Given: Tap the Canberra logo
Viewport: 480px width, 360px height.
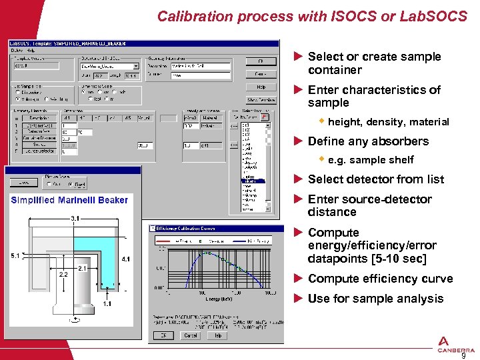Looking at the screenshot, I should tap(456, 344).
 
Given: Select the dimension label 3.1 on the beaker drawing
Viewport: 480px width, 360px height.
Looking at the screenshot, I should tap(76, 218).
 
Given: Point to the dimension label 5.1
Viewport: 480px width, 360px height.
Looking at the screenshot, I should tap(15, 255).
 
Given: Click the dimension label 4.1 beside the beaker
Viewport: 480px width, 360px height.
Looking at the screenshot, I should tap(125, 259).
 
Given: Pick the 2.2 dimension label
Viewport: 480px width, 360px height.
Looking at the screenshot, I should tap(63, 274).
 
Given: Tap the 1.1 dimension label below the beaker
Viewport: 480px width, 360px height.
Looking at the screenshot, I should tap(107, 303).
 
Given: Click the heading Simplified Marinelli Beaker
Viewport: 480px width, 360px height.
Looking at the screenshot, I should tap(69, 200).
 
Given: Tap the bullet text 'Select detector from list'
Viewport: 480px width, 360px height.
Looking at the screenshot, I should tap(375, 179).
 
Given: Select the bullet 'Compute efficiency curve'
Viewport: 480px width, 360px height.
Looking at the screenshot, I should tap(380, 279).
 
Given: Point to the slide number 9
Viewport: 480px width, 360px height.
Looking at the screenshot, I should tap(463, 355).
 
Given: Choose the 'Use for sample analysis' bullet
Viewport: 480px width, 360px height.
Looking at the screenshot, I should tap(375, 299).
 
